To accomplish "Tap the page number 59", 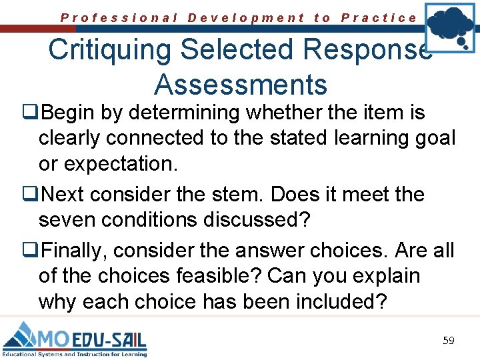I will pyautogui.click(x=449, y=341).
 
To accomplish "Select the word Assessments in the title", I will pyautogui.click(x=241, y=85).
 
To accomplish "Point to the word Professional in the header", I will pyautogui.click(x=119, y=18).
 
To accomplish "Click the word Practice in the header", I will pyautogui.click(x=379, y=18).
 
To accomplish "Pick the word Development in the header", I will pyautogui.click(x=246, y=18).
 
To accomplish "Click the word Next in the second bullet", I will pyautogui.click(x=66, y=195).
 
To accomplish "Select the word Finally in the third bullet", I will pyautogui.click(x=75, y=250).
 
